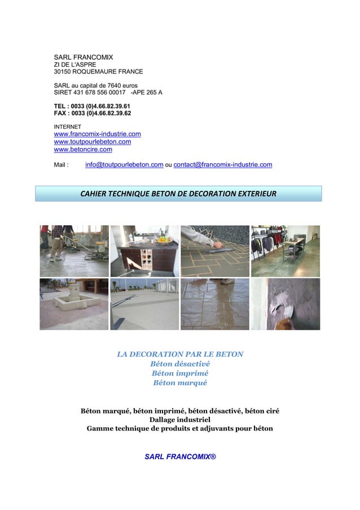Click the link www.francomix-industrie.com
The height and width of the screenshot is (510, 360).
pyautogui.click(x=97, y=134)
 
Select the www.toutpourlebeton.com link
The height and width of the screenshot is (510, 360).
pyautogui.click(x=92, y=142)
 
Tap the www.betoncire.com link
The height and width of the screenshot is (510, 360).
pyautogui.click(x=82, y=150)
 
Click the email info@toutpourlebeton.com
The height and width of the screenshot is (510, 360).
pyautogui.click(x=124, y=165)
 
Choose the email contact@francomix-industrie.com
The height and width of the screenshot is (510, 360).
pyautogui.click(x=222, y=165)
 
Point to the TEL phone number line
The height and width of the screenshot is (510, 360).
pyautogui.click(x=92, y=106)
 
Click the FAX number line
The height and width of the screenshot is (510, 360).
pyautogui.click(x=92, y=114)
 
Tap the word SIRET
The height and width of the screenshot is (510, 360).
pyautogui.click(x=63, y=92)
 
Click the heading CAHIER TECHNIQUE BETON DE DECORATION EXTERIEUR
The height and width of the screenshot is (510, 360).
pyautogui.click(x=178, y=194)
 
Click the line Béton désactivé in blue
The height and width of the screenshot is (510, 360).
pyautogui.click(x=179, y=364)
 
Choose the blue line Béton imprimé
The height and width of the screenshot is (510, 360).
pyautogui.click(x=179, y=373)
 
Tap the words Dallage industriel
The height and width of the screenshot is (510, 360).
pyautogui.click(x=179, y=420)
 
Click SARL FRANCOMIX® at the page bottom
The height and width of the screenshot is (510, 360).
pyautogui.click(x=180, y=456)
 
